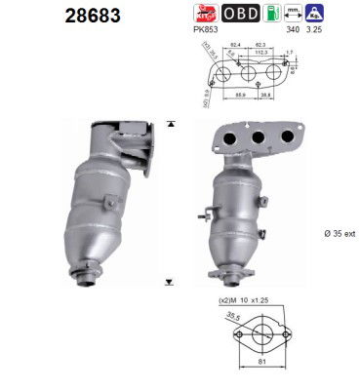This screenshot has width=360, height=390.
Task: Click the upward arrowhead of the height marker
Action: (172, 124)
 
